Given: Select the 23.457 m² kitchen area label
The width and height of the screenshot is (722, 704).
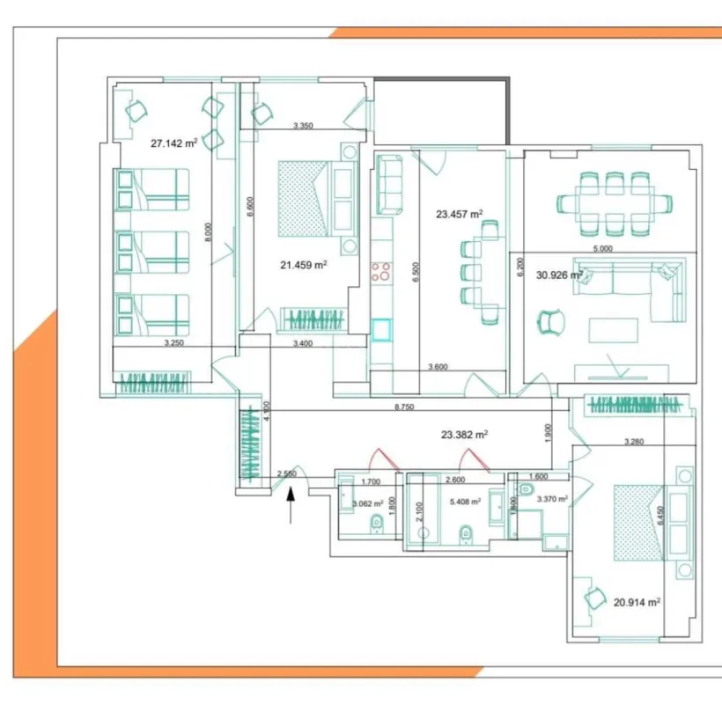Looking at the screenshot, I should (460, 213).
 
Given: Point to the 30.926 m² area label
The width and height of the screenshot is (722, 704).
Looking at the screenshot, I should (559, 275).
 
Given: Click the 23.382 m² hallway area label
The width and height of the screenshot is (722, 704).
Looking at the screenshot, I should (464, 434).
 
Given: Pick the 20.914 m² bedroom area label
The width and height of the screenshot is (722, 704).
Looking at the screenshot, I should (637, 602).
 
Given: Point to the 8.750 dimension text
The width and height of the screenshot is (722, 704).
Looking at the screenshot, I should (405, 407).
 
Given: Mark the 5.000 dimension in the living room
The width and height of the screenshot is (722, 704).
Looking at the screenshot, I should (603, 249).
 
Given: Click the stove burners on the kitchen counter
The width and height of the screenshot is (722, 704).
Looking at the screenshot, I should (383, 271).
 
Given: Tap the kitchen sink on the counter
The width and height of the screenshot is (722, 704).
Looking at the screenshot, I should (382, 330).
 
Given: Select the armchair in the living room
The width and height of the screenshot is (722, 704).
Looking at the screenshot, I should (553, 322).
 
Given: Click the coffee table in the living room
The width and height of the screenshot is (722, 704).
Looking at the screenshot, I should (614, 329).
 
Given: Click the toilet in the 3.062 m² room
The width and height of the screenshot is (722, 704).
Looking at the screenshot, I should (377, 525).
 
